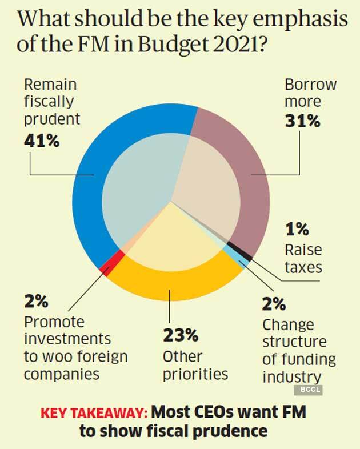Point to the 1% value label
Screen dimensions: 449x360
click(297, 230)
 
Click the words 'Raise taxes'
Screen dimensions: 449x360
click(303, 259)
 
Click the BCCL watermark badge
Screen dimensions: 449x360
click(309, 391)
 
